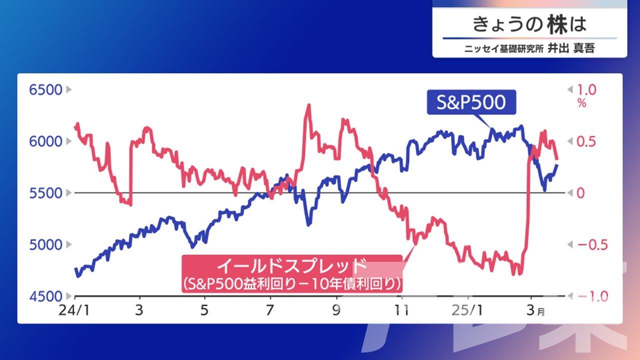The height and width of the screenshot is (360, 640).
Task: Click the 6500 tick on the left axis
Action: point(45,90)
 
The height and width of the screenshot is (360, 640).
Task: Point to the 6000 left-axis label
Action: point(45,141)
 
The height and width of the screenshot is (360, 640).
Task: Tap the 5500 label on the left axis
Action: point(45,193)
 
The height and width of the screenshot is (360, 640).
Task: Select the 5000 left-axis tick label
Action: point(45,245)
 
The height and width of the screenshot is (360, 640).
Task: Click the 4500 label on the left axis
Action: point(45,296)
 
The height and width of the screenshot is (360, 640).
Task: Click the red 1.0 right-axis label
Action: point(586,90)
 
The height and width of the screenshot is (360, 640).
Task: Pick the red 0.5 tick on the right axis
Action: point(586,141)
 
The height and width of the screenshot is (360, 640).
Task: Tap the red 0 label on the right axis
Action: point(580,193)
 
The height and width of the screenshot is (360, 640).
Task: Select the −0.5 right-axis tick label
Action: point(592,245)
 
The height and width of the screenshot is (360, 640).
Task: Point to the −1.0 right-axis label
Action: point(592,297)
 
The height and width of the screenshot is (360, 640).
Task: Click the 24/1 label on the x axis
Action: point(74,310)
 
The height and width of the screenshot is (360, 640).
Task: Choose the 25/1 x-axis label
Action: point(467,310)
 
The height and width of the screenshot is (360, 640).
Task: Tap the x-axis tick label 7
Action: point(269,310)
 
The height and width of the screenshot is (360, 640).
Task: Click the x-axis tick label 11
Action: point(401,310)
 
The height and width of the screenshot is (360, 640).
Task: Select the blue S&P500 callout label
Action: point(471,102)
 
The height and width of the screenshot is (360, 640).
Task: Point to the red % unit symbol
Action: point(581,103)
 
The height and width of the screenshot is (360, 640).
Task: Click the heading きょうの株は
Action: point(529,24)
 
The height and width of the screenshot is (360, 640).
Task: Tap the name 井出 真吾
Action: point(571,48)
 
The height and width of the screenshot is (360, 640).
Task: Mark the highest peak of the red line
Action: point(309,105)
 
